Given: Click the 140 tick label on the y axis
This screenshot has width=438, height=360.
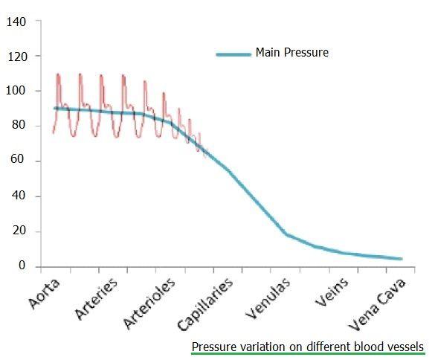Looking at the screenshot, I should tap(16, 22).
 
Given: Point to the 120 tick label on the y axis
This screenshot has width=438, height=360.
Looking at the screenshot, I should tap(16, 57).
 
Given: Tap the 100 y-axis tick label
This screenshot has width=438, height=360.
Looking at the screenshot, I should tap(16, 91).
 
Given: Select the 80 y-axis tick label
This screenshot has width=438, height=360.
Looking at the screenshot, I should tap(19, 126).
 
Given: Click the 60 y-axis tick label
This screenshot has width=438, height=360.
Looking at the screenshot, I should tap(19, 161).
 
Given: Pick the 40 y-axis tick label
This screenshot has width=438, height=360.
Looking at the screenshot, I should tap(19, 196).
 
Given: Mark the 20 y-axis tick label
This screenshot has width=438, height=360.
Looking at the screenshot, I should tap(19, 231).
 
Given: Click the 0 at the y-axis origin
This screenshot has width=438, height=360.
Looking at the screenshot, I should tap(22, 266).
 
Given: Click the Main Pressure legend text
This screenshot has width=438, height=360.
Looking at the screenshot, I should tap(292, 53).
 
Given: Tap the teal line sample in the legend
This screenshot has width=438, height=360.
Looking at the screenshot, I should tap(233, 54).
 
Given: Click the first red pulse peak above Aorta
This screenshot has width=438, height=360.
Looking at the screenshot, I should tap(58, 74).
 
